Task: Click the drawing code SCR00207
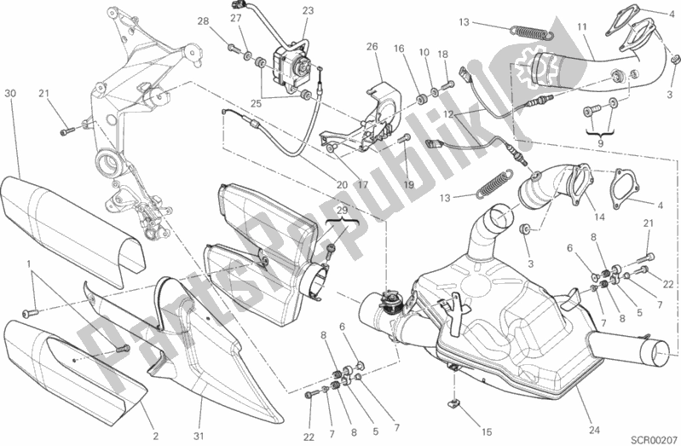pos(652,437)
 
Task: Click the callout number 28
pos(202,21)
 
